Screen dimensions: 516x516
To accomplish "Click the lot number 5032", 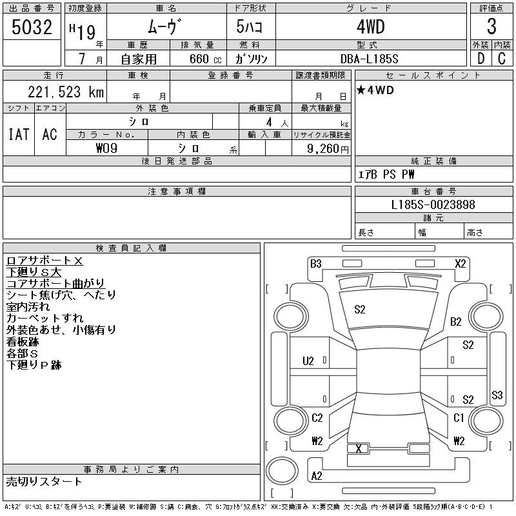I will coord(33,27).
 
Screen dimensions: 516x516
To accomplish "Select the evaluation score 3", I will coord(491,27).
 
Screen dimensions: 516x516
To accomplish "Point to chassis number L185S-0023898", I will coord(433,205).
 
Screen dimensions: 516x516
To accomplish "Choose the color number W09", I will coord(107,148).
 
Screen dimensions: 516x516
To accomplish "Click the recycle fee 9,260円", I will coord(328,148).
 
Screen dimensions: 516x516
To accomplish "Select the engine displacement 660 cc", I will coord(197,59).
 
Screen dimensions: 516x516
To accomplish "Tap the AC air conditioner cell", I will coord(50,134).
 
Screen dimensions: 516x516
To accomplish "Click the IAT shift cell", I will coord(19,134).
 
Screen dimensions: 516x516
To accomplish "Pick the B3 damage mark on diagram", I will coord(315,263).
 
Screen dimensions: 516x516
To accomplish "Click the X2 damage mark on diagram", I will coord(461,263).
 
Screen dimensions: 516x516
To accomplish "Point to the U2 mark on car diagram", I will coord(308,361).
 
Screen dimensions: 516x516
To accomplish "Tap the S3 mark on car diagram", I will coord(497,395).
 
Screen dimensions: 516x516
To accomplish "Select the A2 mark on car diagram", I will coord(317,476).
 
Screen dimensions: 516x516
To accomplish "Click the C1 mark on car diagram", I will coord(459,418).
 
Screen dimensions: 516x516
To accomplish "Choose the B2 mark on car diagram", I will coord(456,321).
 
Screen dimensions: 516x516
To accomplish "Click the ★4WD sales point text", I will coord(375,90).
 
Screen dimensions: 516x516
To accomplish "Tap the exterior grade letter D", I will coord(481,59).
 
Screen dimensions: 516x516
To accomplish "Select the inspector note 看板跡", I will coord(23,342).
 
